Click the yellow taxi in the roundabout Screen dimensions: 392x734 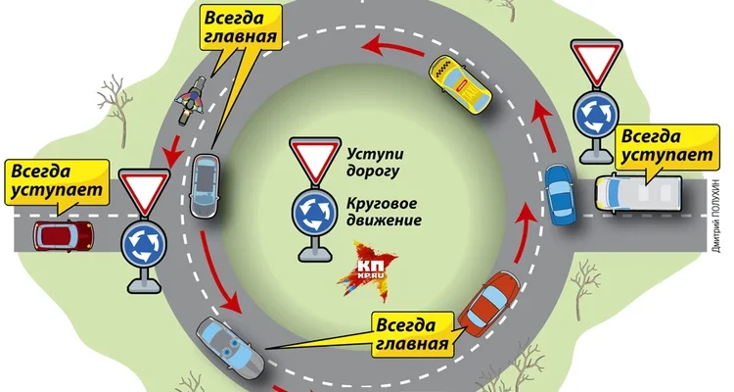pyautogui.click(x=458, y=82)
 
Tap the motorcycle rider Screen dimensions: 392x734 pyautogui.click(x=189, y=103)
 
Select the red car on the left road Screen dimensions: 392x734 pyautogui.click(x=64, y=235)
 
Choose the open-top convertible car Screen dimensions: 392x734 pyautogui.click(x=230, y=348)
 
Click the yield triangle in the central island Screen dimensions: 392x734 pyautogui.click(x=315, y=162)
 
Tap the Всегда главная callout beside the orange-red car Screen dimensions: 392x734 pyautogui.click(x=413, y=333)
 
